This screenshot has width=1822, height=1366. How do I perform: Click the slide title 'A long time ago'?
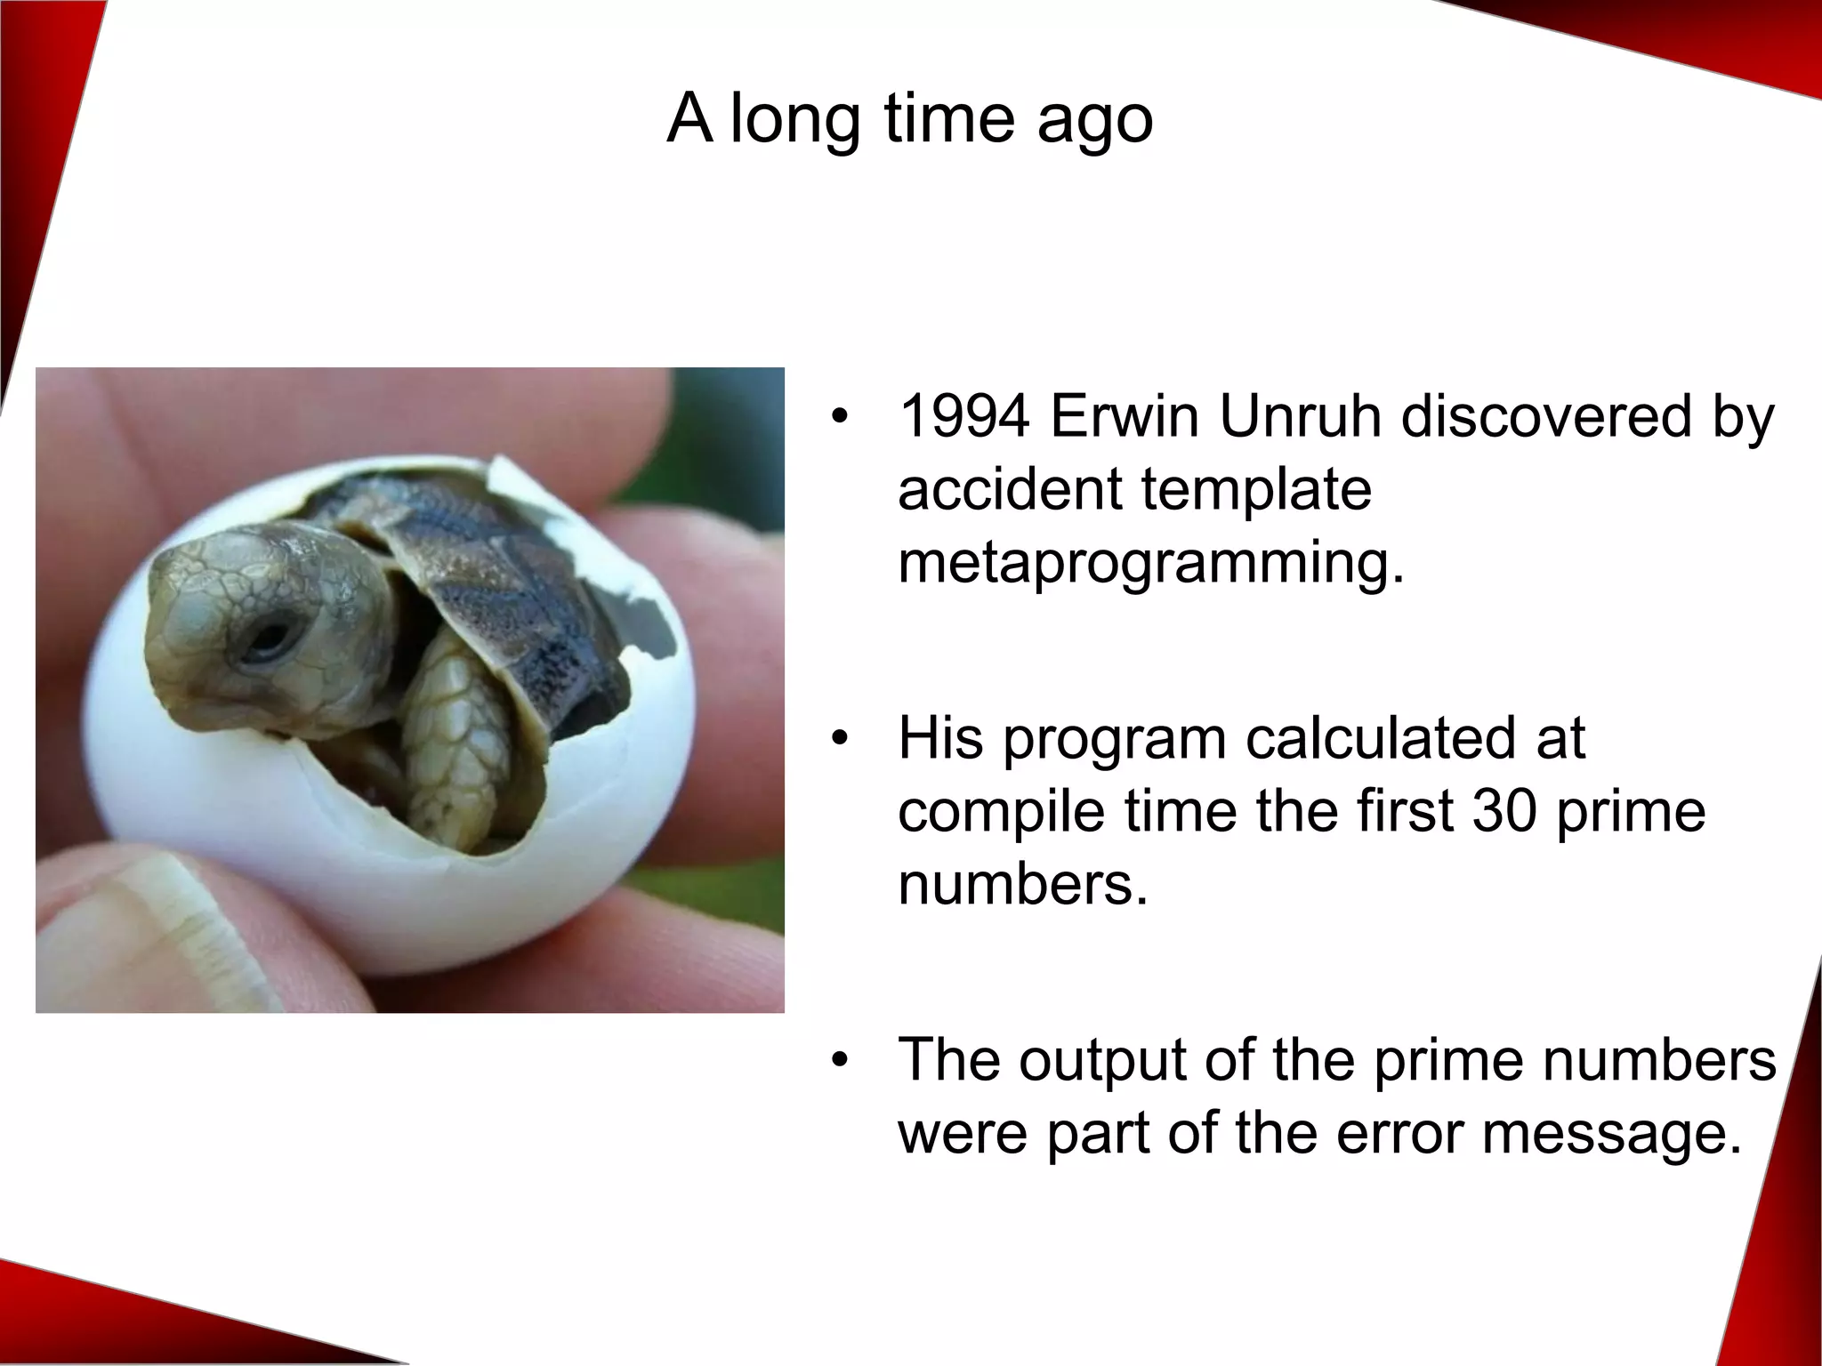(x=909, y=118)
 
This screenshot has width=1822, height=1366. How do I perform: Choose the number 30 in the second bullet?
(x=1504, y=811)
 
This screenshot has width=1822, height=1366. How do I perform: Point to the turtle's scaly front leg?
(x=454, y=720)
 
